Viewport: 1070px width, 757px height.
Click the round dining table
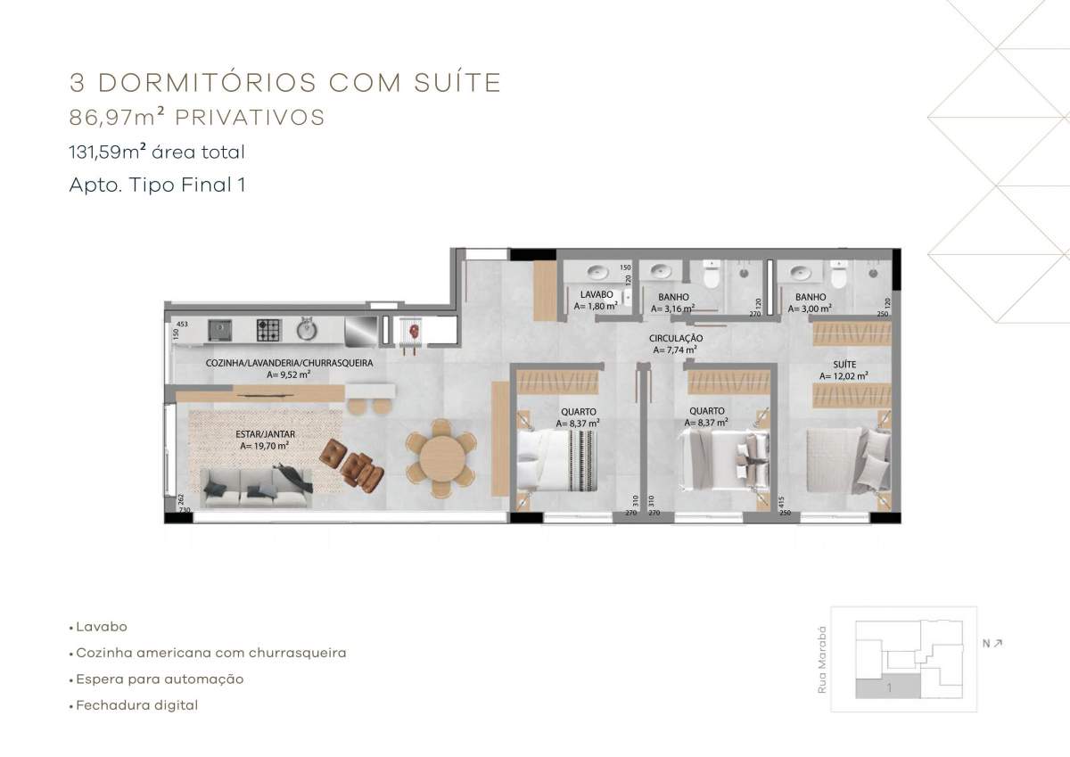[442, 459]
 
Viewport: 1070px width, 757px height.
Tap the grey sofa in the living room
[253, 488]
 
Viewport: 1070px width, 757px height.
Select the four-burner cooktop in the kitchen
[269, 330]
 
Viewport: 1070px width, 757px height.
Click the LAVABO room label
[597, 294]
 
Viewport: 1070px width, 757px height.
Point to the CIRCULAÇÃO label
[676, 338]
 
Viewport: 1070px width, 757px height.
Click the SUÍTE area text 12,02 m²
[844, 376]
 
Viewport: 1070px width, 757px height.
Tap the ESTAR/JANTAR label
[265, 434]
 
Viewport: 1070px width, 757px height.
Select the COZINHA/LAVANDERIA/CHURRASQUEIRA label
[289, 363]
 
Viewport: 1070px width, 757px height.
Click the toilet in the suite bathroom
[838, 276]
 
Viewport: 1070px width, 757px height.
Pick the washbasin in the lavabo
[597, 273]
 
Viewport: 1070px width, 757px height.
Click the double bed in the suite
[848, 461]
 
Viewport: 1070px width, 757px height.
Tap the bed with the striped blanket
[557, 460]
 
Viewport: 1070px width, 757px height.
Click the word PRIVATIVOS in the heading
[250, 118]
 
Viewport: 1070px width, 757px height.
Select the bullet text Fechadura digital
[137, 705]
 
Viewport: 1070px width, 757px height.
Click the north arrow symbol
[997, 644]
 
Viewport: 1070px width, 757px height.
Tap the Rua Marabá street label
[821, 660]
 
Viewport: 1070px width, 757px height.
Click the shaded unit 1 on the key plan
[888, 688]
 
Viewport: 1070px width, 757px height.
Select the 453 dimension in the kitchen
[182, 324]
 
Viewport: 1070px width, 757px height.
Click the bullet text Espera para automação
[160, 679]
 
